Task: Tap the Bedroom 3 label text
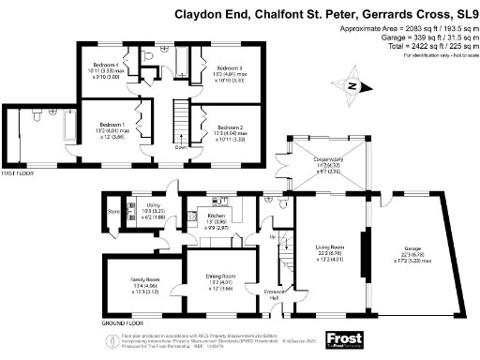(x=231, y=69)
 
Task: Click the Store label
(x=114, y=212)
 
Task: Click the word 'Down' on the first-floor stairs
(x=181, y=147)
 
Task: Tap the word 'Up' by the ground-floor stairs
(x=274, y=237)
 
